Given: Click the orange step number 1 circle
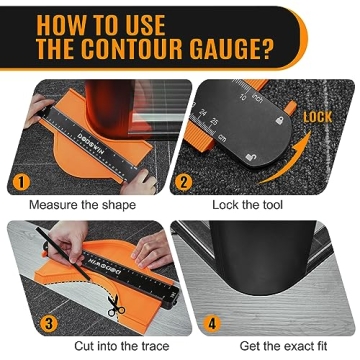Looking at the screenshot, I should click(20, 182).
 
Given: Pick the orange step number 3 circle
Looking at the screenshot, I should click(21, 323).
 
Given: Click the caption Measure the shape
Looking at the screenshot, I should click(82, 205).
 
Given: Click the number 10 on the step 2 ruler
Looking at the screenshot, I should click(242, 97).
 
